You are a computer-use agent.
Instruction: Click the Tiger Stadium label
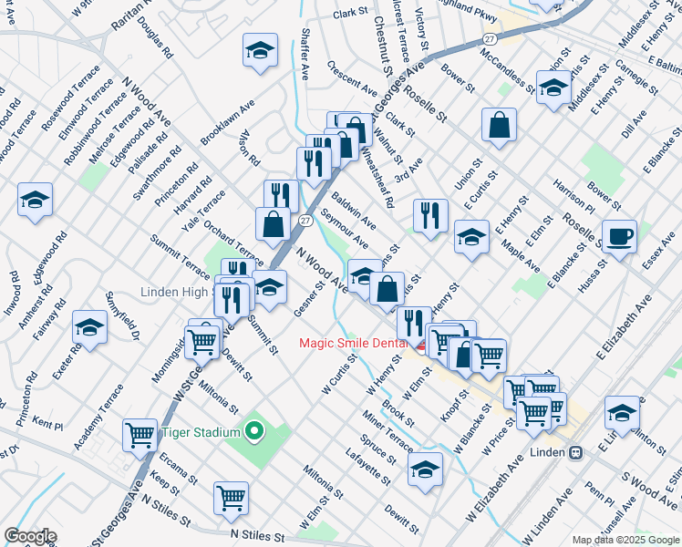201,432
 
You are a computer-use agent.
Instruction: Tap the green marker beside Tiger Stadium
253,431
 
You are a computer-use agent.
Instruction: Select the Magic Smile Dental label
357,343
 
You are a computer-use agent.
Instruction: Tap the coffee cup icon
620,236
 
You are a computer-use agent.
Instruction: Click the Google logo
30,536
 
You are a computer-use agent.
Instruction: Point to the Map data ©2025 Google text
626,540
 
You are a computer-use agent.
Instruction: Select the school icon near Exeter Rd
90,328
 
